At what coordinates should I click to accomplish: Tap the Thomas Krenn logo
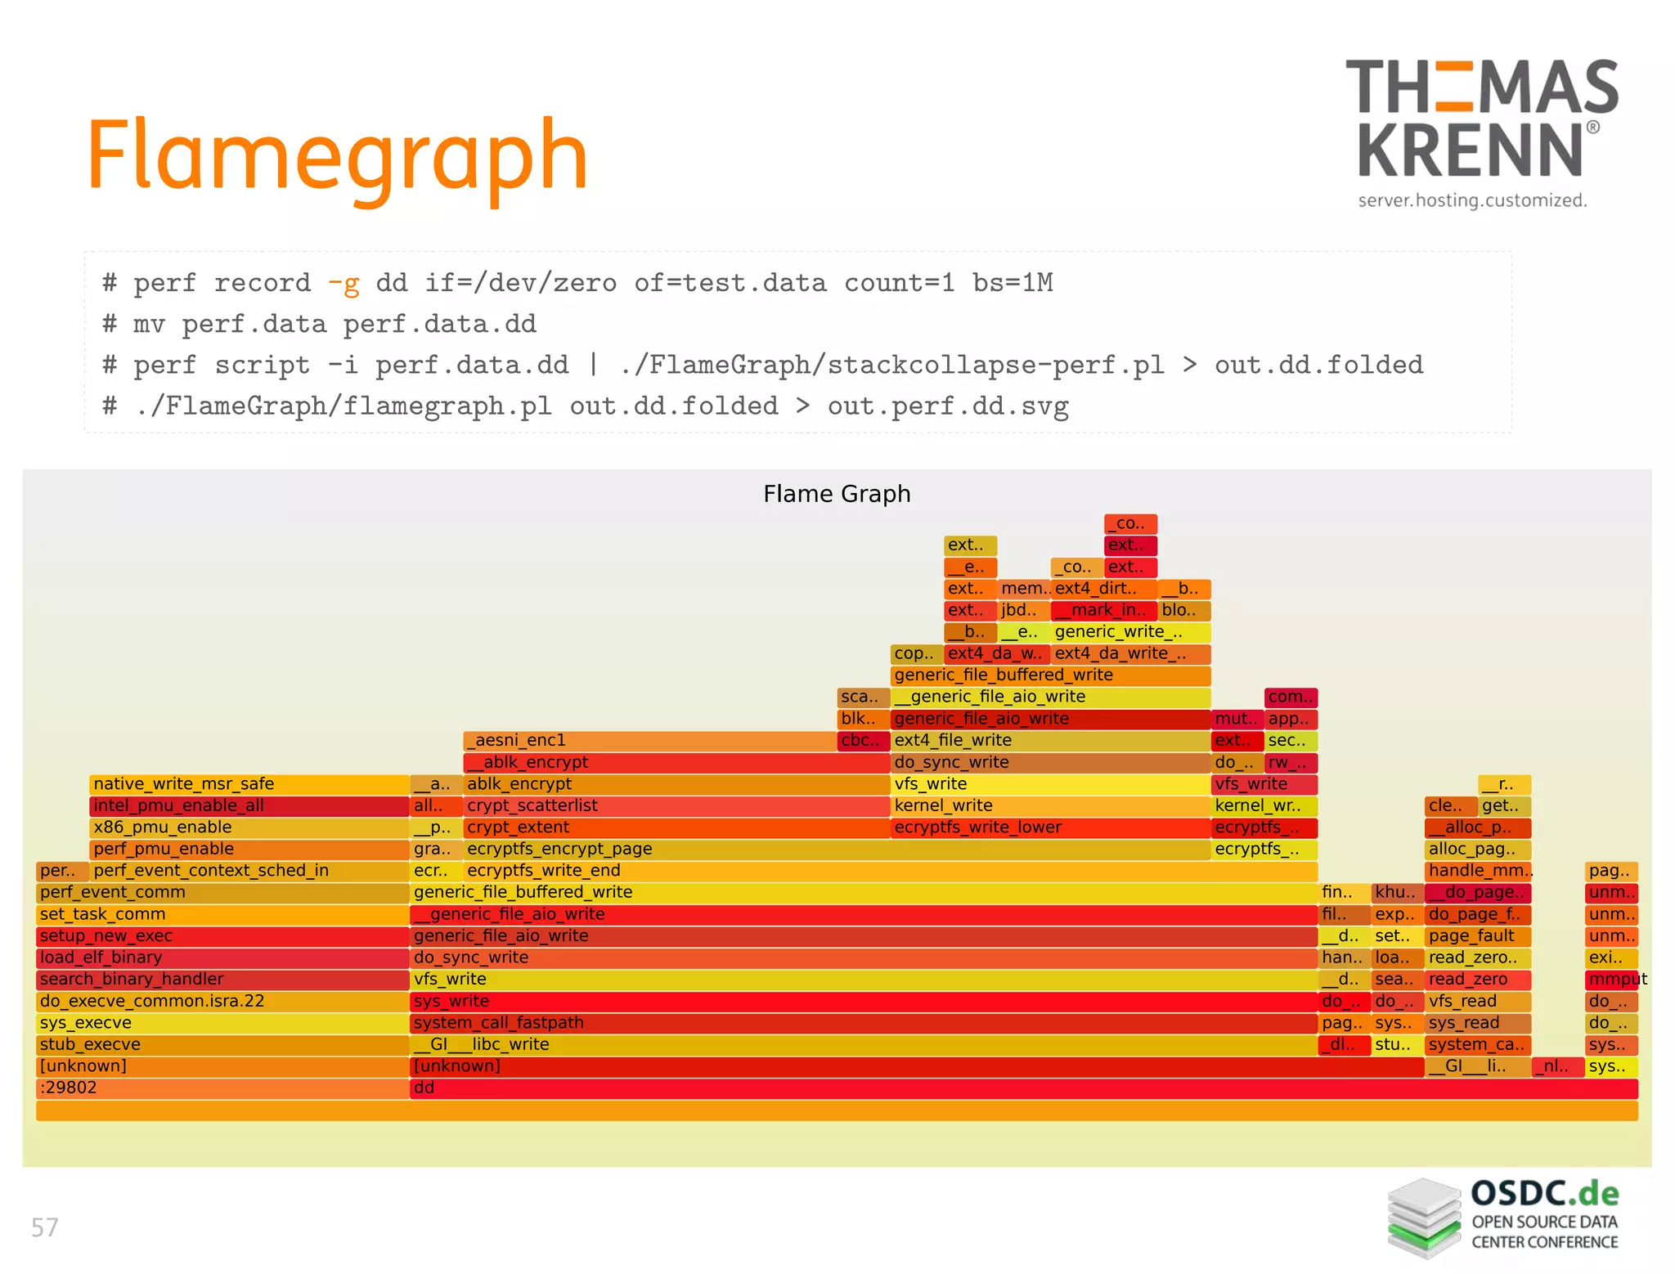(1480, 131)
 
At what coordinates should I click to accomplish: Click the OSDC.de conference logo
(1503, 1216)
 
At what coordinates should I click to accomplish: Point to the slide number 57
(45, 1227)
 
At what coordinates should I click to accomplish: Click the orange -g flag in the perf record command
(344, 283)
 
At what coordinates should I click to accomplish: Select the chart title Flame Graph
(837, 494)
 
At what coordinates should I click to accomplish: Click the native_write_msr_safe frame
(249, 784)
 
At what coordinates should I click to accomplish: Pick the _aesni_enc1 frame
(650, 741)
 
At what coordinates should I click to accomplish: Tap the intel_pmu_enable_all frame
(249, 806)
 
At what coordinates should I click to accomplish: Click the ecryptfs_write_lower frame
(1050, 828)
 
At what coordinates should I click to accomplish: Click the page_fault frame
(1477, 936)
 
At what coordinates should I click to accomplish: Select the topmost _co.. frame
(1130, 523)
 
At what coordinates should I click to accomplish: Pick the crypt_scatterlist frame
(676, 806)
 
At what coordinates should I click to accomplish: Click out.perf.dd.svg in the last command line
(948, 406)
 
